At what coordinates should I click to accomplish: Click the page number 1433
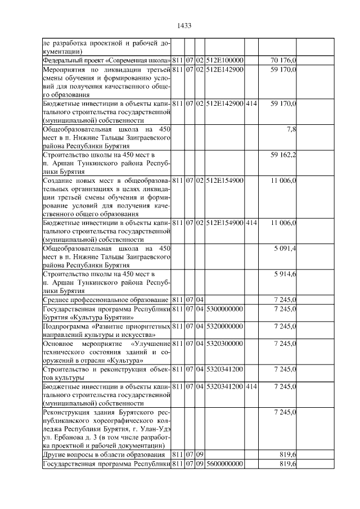coord(184,25)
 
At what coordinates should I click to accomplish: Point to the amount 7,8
coord(291,129)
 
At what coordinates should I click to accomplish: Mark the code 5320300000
coord(224,343)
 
